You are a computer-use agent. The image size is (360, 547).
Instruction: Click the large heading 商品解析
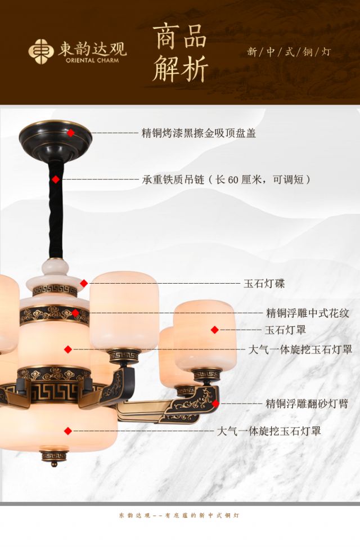[x=180, y=53]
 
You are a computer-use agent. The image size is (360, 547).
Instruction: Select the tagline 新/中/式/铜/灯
[x=289, y=52]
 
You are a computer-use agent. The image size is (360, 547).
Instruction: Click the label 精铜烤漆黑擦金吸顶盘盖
[x=199, y=133]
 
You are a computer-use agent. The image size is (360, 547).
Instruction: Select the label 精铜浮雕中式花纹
[x=307, y=313]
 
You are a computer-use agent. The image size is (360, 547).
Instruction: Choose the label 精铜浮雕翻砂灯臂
[x=307, y=403]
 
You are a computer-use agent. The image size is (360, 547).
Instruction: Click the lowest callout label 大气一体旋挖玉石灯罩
[x=269, y=432]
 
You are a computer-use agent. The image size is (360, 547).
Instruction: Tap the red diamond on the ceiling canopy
[x=71, y=133]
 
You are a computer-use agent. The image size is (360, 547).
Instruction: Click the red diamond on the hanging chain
[x=56, y=180]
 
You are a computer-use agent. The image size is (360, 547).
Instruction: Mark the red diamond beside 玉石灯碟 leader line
[x=84, y=284]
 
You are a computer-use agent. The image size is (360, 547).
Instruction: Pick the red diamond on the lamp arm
[x=215, y=403]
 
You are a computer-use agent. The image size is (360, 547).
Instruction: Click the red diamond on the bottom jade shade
[x=68, y=431]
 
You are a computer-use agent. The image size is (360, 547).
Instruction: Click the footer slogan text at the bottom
[x=179, y=515]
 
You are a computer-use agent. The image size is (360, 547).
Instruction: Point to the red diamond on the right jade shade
[x=214, y=330]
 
